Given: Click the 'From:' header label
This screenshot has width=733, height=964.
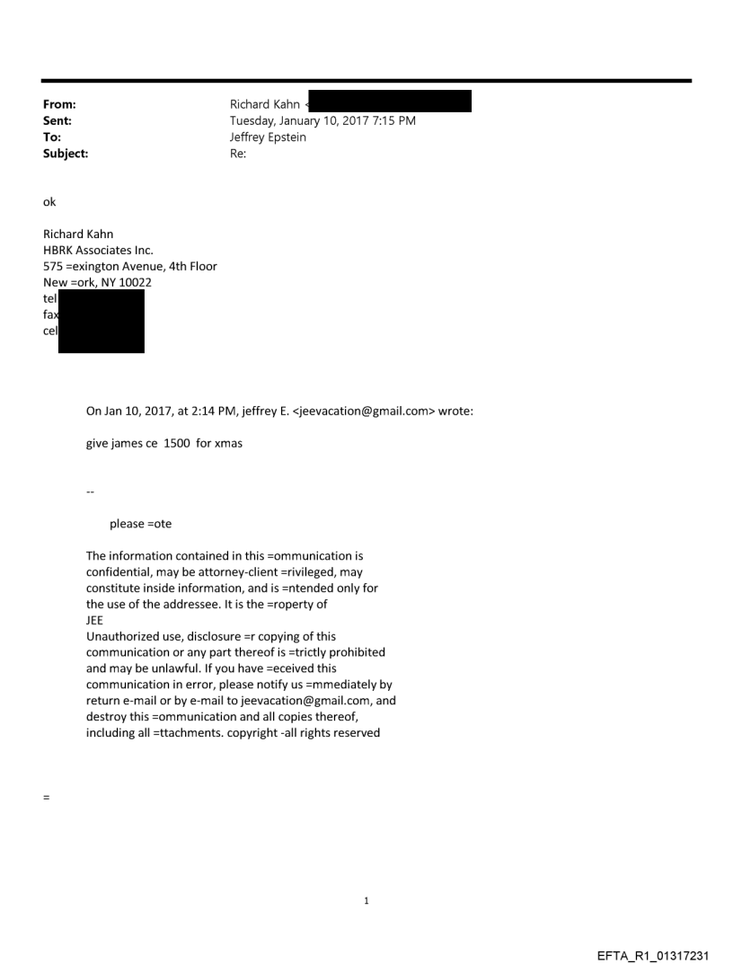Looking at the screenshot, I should (x=59, y=104).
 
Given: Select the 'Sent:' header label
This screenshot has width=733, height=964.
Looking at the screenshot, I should (x=57, y=120).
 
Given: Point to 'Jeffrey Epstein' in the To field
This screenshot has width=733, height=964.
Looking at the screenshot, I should (x=268, y=137).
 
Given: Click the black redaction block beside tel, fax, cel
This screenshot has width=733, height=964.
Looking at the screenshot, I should (x=101, y=321).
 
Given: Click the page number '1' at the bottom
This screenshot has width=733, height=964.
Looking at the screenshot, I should (x=366, y=900).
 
